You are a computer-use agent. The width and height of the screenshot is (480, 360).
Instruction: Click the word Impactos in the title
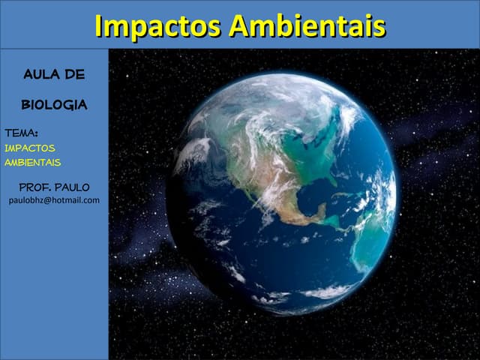158,25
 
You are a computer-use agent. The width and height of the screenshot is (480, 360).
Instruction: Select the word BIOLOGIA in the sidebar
54,105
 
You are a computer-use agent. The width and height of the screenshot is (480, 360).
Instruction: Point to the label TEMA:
21,133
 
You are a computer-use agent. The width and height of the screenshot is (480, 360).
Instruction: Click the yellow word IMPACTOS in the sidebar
30,148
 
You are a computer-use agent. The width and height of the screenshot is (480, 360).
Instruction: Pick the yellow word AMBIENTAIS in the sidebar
33,162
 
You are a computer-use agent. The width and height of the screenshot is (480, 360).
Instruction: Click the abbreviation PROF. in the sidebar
34,187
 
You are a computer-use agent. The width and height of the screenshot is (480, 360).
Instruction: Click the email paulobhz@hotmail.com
54,200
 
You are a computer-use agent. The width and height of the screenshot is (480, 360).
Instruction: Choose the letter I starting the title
100,25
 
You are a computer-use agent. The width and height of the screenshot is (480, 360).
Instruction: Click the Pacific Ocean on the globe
225,240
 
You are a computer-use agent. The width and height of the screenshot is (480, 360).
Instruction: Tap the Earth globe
281,195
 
